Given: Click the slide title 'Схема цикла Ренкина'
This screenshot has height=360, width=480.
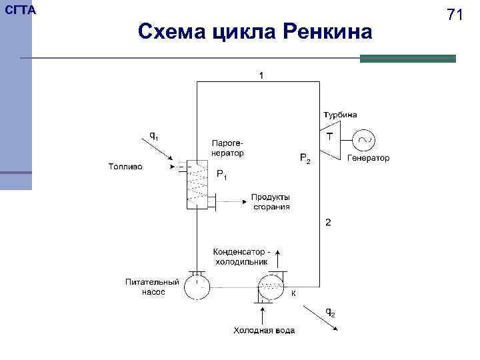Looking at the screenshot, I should click(x=255, y=31).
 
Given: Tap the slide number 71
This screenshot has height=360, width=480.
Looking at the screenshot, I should click(x=455, y=15).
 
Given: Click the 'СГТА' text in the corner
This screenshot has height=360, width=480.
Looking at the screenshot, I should click(x=21, y=11).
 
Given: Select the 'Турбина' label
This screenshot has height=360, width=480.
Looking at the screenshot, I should click(x=340, y=115).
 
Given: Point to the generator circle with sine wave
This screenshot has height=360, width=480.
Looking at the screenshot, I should click(x=364, y=140).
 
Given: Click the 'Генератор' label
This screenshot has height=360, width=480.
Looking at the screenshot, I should click(x=369, y=159).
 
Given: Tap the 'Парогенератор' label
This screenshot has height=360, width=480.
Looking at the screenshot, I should click(x=227, y=148).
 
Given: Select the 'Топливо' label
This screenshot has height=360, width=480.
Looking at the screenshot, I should click(x=125, y=167).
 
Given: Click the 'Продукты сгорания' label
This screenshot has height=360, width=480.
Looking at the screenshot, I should click(x=271, y=201).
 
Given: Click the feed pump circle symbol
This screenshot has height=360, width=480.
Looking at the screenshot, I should click(x=197, y=287).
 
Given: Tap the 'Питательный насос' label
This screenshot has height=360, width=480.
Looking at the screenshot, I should click(x=152, y=287).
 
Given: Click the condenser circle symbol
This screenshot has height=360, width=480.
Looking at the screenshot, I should click(x=271, y=288).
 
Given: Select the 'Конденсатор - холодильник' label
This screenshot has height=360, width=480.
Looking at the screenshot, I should click(x=242, y=257).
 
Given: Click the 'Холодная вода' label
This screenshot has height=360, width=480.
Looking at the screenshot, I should click(x=263, y=331).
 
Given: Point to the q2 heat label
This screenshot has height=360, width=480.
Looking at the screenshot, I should click(x=329, y=311).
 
